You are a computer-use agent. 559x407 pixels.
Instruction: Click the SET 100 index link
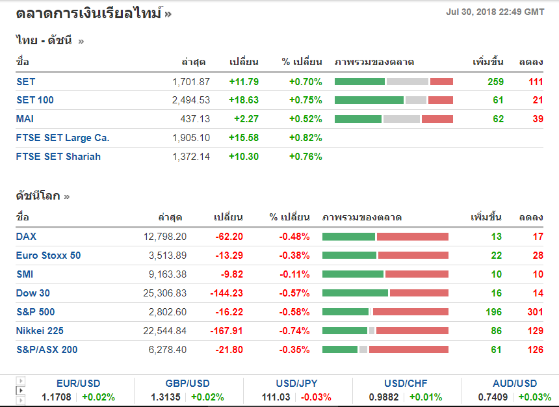(x=35, y=100)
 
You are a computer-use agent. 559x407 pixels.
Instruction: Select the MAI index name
(x=25, y=119)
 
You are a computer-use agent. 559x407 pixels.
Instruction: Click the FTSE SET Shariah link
(x=58, y=157)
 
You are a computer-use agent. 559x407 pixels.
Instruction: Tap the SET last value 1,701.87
(x=191, y=82)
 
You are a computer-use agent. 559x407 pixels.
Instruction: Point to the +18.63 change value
(x=244, y=100)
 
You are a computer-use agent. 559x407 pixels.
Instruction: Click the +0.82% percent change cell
(x=305, y=138)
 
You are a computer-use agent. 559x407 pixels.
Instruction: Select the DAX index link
(x=27, y=237)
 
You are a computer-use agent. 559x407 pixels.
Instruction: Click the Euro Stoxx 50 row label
(x=49, y=256)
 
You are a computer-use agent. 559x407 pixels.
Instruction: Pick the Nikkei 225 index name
(x=40, y=331)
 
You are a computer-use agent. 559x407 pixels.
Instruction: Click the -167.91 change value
(x=227, y=331)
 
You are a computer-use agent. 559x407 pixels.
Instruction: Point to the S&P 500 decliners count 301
(x=535, y=312)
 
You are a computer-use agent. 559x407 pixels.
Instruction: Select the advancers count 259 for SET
(x=496, y=82)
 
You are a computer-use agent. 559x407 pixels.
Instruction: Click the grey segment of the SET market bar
(x=408, y=82)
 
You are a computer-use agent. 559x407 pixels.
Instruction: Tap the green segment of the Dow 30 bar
(x=355, y=293)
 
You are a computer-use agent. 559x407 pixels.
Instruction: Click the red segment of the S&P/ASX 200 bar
(x=409, y=350)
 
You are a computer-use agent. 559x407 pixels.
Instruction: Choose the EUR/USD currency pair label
(x=78, y=384)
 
